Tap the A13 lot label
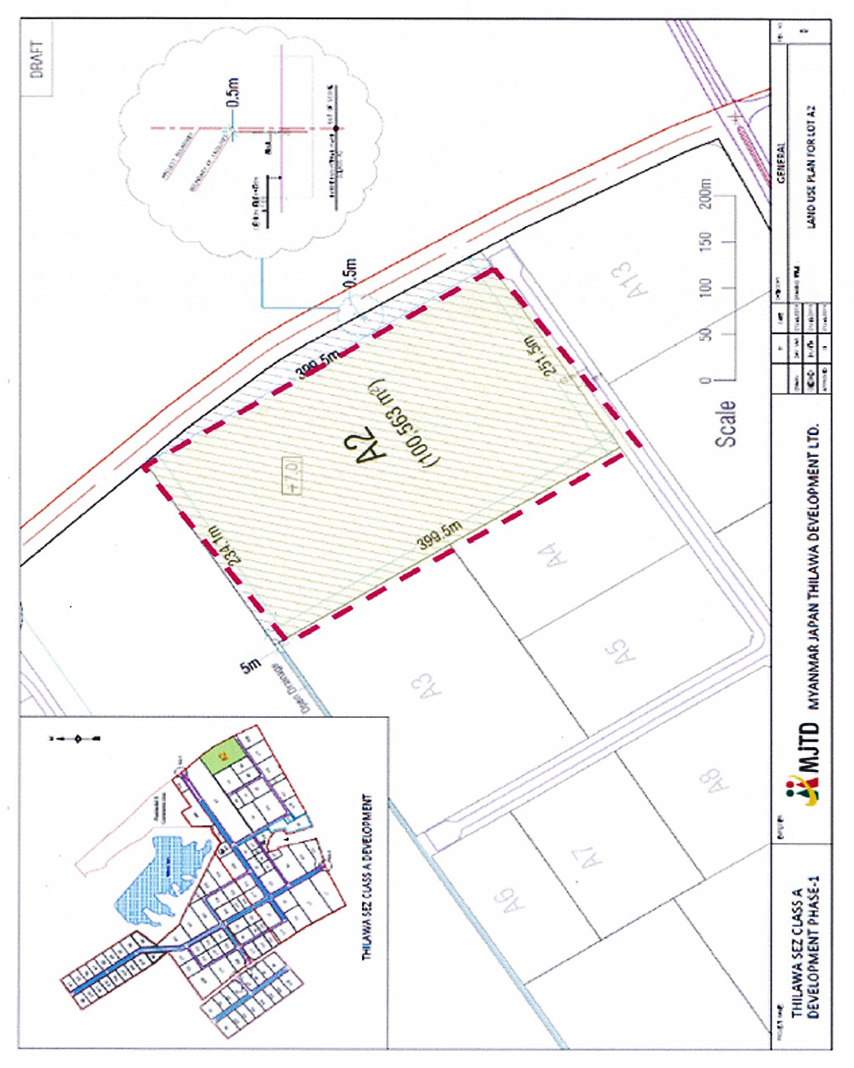[x=638, y=280]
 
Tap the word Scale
[x=726, y=424]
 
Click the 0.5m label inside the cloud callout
[x=234, y=93]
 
